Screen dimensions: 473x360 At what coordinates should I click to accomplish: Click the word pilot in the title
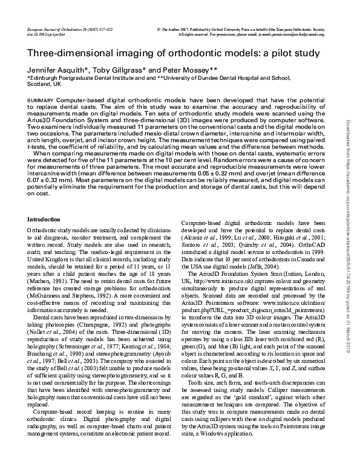[x=266, y=53]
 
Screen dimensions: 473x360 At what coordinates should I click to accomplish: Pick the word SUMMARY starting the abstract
[x=40, y=99]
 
